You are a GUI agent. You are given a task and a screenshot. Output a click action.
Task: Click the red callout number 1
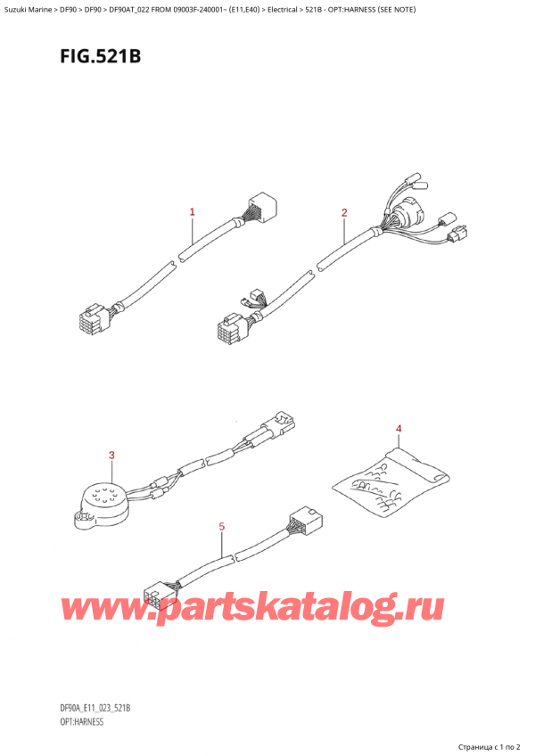192,212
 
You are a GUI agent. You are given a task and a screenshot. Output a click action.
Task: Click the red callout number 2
344,212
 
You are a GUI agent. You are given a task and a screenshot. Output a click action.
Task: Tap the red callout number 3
111,456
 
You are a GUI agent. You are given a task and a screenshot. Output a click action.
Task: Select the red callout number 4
399,431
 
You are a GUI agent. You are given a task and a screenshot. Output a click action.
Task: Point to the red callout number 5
221,527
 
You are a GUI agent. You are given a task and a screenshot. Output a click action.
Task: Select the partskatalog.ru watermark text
251,608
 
